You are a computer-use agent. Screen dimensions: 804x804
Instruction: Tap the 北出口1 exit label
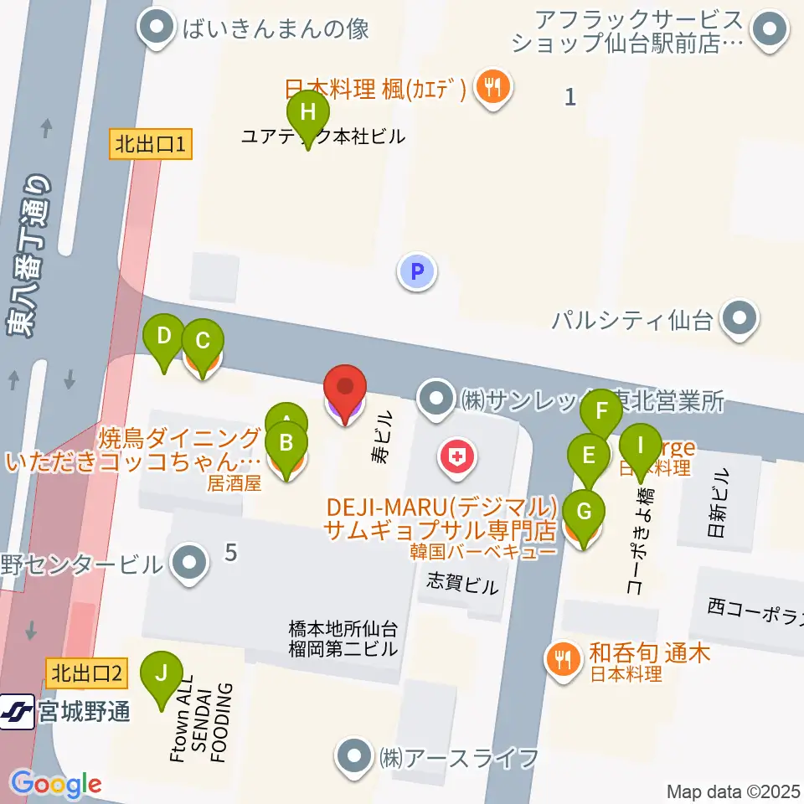click(152, 145)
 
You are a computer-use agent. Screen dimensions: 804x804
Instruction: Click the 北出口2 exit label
click(88, 672)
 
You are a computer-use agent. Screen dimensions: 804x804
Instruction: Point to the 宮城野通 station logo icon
click(18, 711)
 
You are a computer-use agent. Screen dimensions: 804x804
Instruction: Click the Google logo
click(56, 783)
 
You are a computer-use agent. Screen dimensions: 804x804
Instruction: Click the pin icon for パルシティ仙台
click(740, 319)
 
